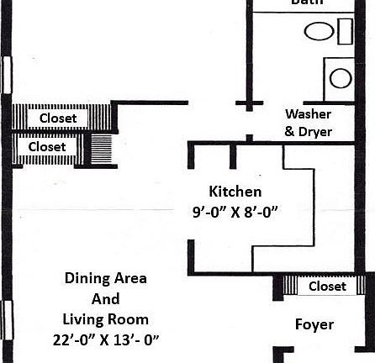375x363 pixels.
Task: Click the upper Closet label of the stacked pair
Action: click(58, 118)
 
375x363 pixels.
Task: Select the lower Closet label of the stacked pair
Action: click(47, 147)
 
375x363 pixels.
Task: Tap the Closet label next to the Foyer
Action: click(327, 287)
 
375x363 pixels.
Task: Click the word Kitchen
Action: click(235, 192)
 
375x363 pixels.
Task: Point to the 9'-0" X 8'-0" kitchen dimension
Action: click(235, 213)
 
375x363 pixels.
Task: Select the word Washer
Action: click(308, 113)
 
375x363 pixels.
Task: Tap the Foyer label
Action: click(314, 324)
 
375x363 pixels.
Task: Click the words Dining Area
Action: click(106, 279)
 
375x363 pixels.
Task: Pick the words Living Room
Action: click(105, 319)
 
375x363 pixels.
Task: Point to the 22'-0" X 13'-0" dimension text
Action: click(105, 339)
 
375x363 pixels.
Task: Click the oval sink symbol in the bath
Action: click(319, 33)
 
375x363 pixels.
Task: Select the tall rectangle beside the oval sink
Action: click(345, 31)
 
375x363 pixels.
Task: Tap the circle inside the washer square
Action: click(341, 78)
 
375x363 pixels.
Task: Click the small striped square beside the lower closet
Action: click(101, 149)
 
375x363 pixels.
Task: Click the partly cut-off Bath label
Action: click(308, 3)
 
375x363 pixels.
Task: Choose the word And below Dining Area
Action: click(105, 299)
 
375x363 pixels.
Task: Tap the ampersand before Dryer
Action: click(289, 132)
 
